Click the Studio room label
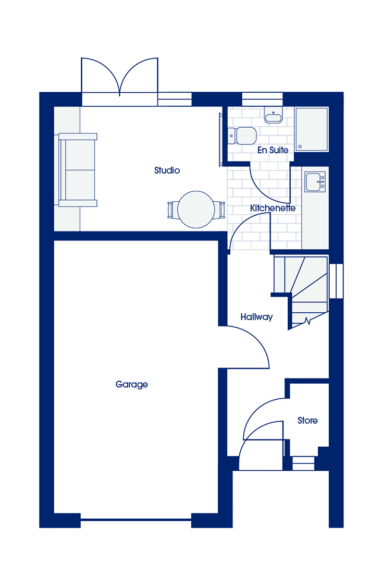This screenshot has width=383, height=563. coord(167,170)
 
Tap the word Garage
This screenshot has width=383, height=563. coord(132,385)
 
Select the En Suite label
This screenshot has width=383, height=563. coord(273,150)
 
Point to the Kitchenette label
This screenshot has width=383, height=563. coord(273,208)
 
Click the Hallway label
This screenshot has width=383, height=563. coord(257,317)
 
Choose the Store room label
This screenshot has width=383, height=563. coord(307,421)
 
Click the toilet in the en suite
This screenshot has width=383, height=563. coord(242,136)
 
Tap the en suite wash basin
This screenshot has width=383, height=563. coord(274,115)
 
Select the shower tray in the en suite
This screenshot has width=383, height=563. coord(312,129)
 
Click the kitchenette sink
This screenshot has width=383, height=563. coord(315,182)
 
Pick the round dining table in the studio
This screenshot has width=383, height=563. coord(196,210)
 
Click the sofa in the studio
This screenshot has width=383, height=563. coord(78,170)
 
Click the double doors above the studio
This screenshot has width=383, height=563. coord(119,82)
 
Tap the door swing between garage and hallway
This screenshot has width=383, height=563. coord(244,347)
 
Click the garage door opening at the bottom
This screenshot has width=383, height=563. coord(136,519)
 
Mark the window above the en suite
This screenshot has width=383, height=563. coord(263,100)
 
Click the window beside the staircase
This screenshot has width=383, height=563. coord(336,281)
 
